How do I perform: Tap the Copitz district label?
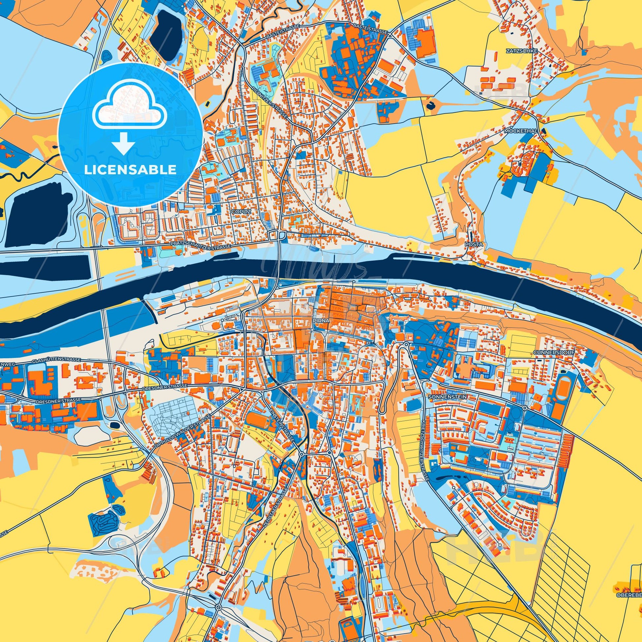click(239, 211)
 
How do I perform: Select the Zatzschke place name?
click(517, 51)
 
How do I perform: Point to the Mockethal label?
click(520, 131)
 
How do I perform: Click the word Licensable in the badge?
click(130, 170)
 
